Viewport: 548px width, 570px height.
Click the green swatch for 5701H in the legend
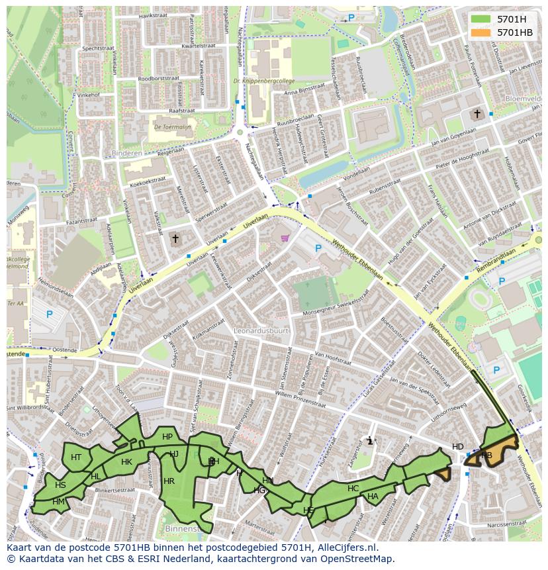coord(480,19)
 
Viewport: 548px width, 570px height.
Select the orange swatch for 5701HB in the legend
coord(480,32)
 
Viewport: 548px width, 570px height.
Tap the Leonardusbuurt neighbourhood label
coord(261,329)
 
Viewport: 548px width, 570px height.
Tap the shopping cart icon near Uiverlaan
coord(285,238)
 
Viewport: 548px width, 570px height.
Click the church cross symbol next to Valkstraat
coord(175,238)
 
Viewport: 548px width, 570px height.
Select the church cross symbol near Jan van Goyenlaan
coord(476,114)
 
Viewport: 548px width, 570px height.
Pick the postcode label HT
coord(76,457)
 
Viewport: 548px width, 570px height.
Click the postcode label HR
coord(169,481)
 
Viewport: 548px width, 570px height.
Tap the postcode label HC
coord(353,489)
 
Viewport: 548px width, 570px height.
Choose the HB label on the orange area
coord(486,455)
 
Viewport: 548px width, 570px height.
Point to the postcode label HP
coord(167,437)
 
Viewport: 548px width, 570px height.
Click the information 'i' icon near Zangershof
coord(370,440)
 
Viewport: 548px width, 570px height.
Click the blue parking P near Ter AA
coord(49,314)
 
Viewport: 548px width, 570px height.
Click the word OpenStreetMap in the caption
coord(359,559)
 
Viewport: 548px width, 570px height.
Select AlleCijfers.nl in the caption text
coord(345,547)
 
